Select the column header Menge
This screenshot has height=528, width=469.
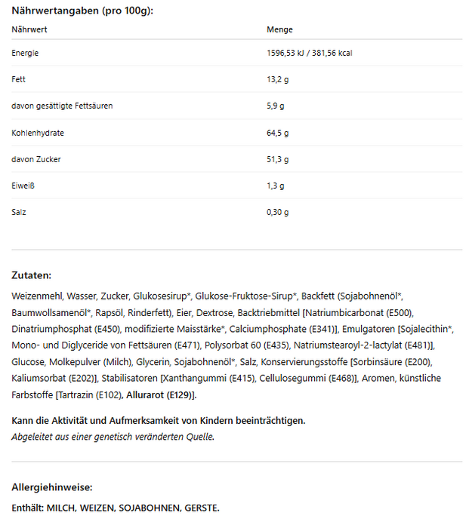coord(279,29)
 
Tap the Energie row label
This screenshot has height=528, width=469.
coord(25,53)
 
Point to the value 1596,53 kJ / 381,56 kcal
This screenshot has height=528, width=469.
coord(310,53)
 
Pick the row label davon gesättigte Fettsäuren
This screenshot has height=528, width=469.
coord(62,106)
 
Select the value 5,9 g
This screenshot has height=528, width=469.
coord(275,106)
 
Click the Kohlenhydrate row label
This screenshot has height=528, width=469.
coord(38,133)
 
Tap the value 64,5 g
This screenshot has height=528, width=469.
coord(277,133)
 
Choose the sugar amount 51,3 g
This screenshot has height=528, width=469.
coord(277,159)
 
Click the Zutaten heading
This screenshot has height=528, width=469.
coord(32,276)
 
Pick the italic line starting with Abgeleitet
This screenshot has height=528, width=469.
coord(113,436)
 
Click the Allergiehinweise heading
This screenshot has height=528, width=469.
coord(52,487)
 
